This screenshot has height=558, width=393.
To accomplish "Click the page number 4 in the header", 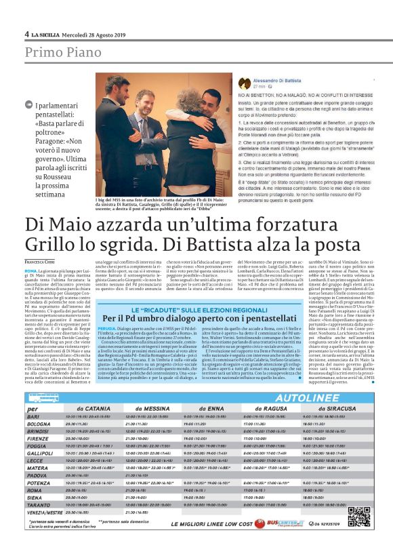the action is [x=27, y=34].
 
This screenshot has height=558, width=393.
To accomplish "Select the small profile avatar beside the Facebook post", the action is [x=245, y=83].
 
